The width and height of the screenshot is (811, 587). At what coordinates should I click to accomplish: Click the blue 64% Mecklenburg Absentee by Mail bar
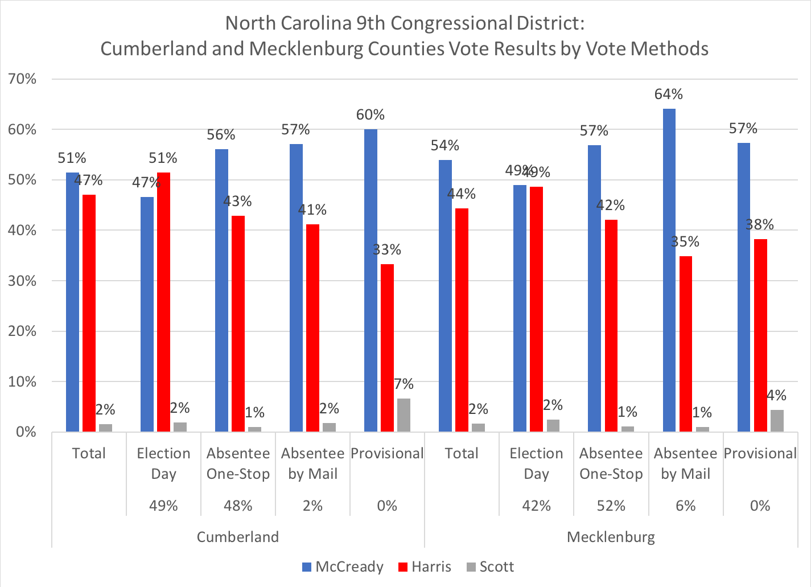[669, 270]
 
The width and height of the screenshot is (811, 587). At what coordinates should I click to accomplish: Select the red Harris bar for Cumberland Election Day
[163, 302]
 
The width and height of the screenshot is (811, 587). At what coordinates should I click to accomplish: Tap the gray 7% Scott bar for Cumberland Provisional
[404, 415]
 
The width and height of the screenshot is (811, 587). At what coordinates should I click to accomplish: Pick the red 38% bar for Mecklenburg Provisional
[760, 335]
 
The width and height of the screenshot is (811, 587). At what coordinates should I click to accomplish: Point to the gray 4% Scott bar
[777, 421]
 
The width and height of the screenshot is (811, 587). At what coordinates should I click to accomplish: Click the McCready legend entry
[343, 567]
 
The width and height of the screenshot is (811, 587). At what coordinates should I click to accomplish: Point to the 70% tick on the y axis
[23, 79]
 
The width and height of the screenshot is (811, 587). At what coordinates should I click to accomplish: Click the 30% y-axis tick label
[23, 281]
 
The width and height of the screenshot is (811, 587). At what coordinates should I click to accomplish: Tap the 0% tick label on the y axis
[26, 432]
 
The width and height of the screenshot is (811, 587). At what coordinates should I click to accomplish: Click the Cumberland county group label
[238, 537]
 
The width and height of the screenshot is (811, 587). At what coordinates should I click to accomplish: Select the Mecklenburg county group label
[611, 537]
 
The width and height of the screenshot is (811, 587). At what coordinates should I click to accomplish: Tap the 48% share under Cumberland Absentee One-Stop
[238, 506]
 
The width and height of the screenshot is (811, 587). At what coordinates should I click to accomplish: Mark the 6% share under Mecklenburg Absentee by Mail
[685, 506]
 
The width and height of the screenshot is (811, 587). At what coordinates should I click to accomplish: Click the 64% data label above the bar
[669, 95]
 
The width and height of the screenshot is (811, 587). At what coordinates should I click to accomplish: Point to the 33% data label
[387, 249]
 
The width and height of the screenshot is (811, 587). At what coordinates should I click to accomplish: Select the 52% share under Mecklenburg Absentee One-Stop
[611, 506]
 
